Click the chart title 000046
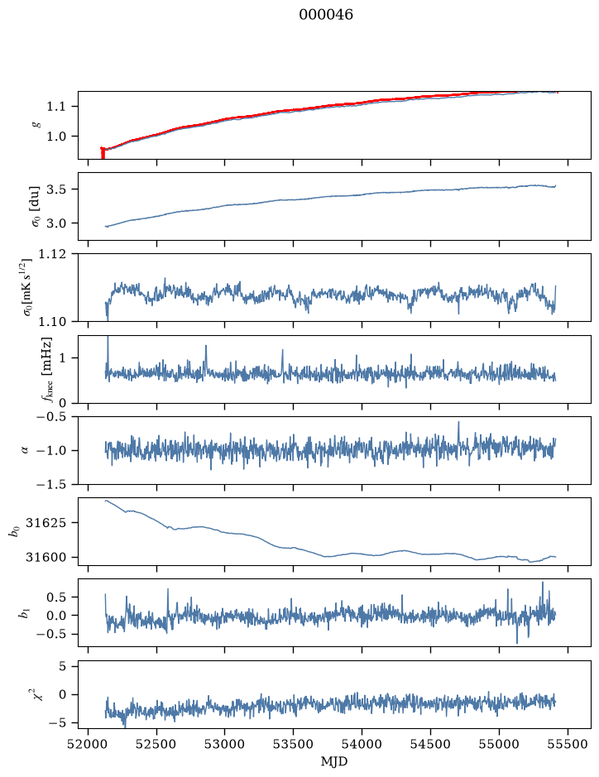pyautogui.click(x=325, y=15)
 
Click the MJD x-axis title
pyautogui.click(x=334, y=761)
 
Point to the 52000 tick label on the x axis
pyautogui.click(x=89, y=744)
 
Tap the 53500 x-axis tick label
pyautogui.click(x=294, y=744)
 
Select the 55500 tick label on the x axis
pyautogui.click(x=568, y=744)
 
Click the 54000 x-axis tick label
pyautogui.click(x=362, y=744)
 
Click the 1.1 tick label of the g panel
pyautogui.click(x=55, y=107)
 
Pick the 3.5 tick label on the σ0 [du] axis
pyautogui.click(x=55, y=189)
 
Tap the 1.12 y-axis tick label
pyautogui.click(x=51, y=254)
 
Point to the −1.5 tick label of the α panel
pyautogui.click(x=51, y=484)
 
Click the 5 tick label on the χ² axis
pyautogui.click(x=62, y=666)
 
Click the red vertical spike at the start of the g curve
pyautogui.click(x=103, y=153)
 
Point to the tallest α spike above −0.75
pyautogui.click(x=458, y=423)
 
